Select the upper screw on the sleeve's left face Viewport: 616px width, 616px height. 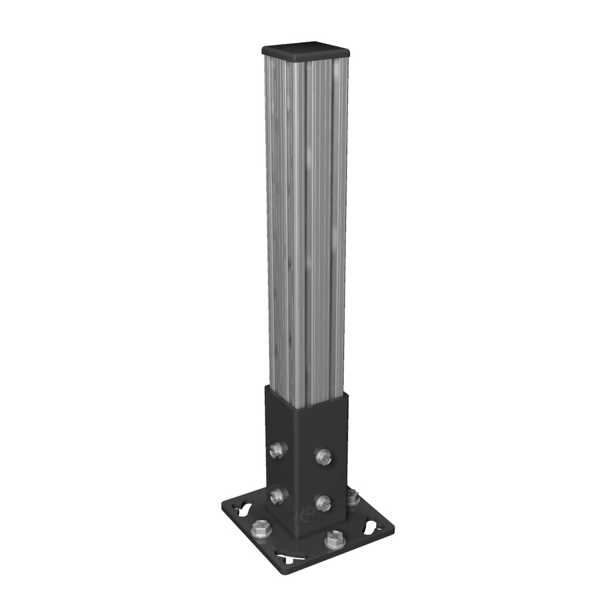(x=277, y=449)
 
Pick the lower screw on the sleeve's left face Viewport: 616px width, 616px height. (x=277, y=496)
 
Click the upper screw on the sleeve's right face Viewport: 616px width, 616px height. (x=322, y=457)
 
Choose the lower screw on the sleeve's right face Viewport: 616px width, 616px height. (x=323, y=503)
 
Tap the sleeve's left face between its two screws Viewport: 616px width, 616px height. (x=279, y=473)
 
